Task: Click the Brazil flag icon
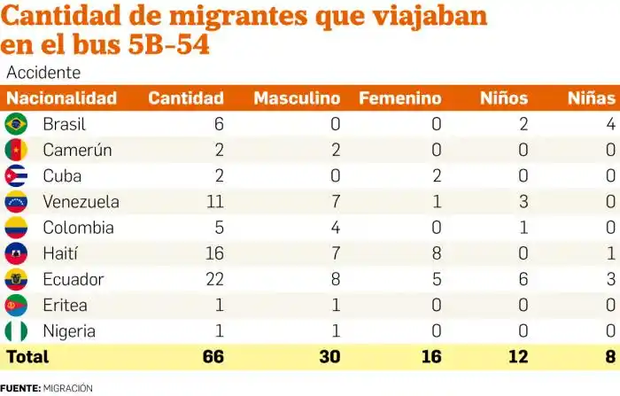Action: point(16,123)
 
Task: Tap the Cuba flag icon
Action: point(16,175)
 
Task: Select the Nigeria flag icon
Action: point(16,331)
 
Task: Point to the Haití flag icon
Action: point(16,253)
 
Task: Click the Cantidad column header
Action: point(185,97)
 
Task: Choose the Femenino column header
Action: point(399,97)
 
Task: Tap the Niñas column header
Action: point(591,97)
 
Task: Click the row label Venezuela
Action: point(81,201)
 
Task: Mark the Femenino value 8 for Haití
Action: point(436,253)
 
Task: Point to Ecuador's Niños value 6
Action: point(523,280)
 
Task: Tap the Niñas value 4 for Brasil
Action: point(610,123)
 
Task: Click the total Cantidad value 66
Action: point(212,357)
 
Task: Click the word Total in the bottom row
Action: point(28,357)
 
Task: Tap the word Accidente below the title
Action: point(43,73)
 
